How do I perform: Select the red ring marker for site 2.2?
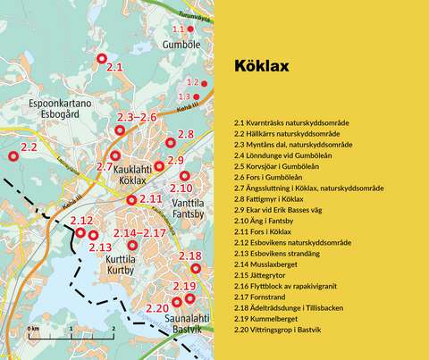point(13,156)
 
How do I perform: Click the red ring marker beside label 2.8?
point(170,142)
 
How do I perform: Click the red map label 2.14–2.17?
point(141,233)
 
